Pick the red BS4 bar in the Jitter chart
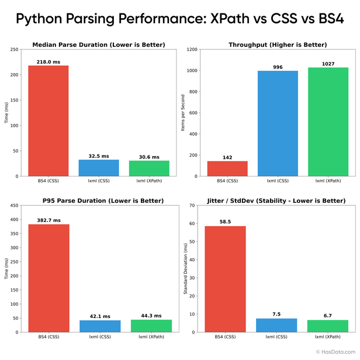[225, 279]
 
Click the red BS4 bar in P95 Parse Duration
[49, 278]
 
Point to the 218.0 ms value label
[49, 61]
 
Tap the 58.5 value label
[225, 221]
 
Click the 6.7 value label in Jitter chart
[328, 316]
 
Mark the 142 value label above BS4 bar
[227, 157]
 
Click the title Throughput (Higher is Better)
[278, 44]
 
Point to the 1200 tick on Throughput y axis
[192, 50]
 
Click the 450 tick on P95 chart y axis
[14, 206]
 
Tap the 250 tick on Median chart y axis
[14, 50]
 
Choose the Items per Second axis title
[183, 113]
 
